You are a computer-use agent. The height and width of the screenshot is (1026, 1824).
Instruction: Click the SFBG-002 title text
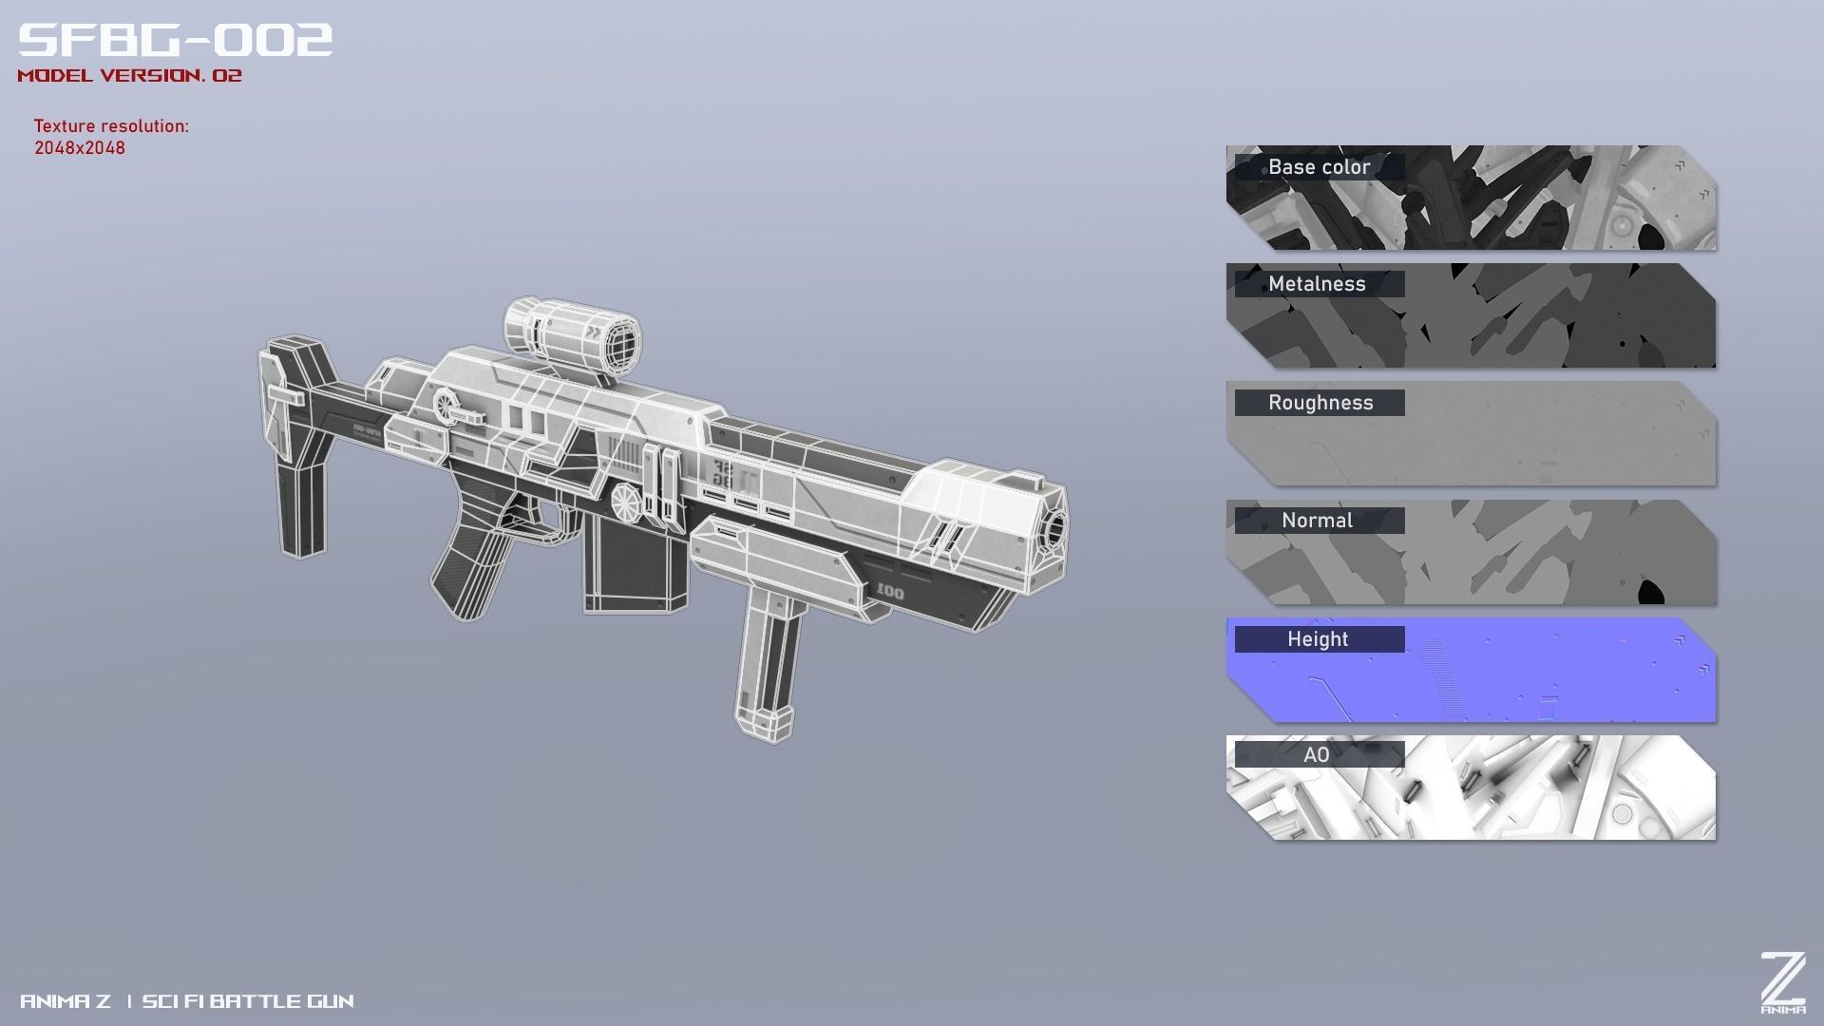click(x=176, y=40)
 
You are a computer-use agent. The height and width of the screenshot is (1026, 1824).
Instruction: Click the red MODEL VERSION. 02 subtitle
click(x=130, y=76)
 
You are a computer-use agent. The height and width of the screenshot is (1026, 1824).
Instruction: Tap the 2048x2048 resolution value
click(x=80, y=148)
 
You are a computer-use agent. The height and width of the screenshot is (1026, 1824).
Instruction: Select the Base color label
click(x=1319, y=167)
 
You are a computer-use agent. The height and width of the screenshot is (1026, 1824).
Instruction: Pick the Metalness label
click(x=1317, y=284)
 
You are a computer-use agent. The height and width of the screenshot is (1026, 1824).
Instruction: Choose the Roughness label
click(x=1320, y=403)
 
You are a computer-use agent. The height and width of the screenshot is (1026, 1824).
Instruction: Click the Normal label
click(x=1317, y=521)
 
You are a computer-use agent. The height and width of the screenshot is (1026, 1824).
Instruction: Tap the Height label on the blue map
click(x=1318, y=639)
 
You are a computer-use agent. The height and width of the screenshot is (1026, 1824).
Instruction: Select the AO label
click(x=1317, y=755)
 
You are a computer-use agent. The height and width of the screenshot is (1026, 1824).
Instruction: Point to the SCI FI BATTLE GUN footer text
click(x=248, y=1001)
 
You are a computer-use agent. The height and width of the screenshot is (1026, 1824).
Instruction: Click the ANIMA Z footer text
click(x=66, y=1001)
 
